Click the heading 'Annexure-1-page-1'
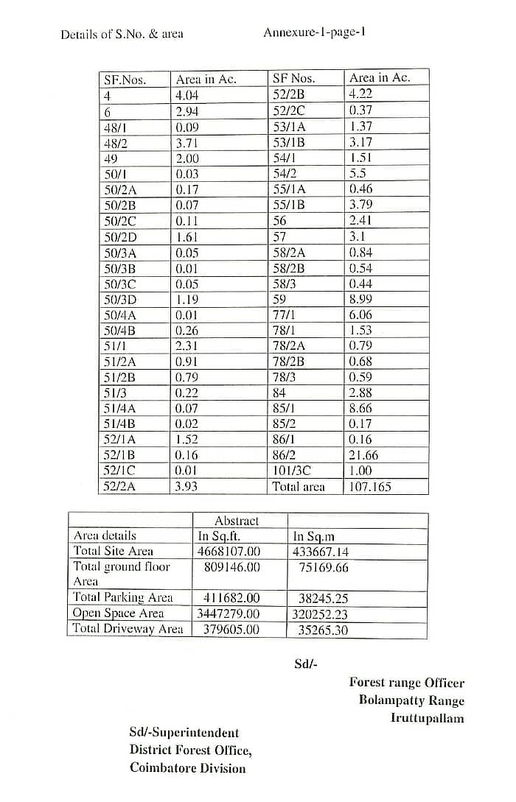[x=314, y=33]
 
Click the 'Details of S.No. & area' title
[x=122, y=34]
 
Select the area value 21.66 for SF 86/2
[x=363, y=455]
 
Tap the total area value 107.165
[x=370, y=487]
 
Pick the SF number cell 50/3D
[x=121, y=300]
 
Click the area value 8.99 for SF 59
[x=360, y=300]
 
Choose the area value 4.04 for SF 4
[x=187, y=95]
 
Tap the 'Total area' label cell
[x=299, y=487]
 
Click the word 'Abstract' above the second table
[x=237, y=521]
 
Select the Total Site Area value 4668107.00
[x=229, y=551]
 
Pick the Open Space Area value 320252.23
[x=321, y=613]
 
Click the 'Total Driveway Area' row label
[x=128, y=629]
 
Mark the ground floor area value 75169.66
[x=323, y=567]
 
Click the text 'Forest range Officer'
[x=406, y=683]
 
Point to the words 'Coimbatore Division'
[x=187, y=768]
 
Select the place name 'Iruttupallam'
[x=427, y=718]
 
